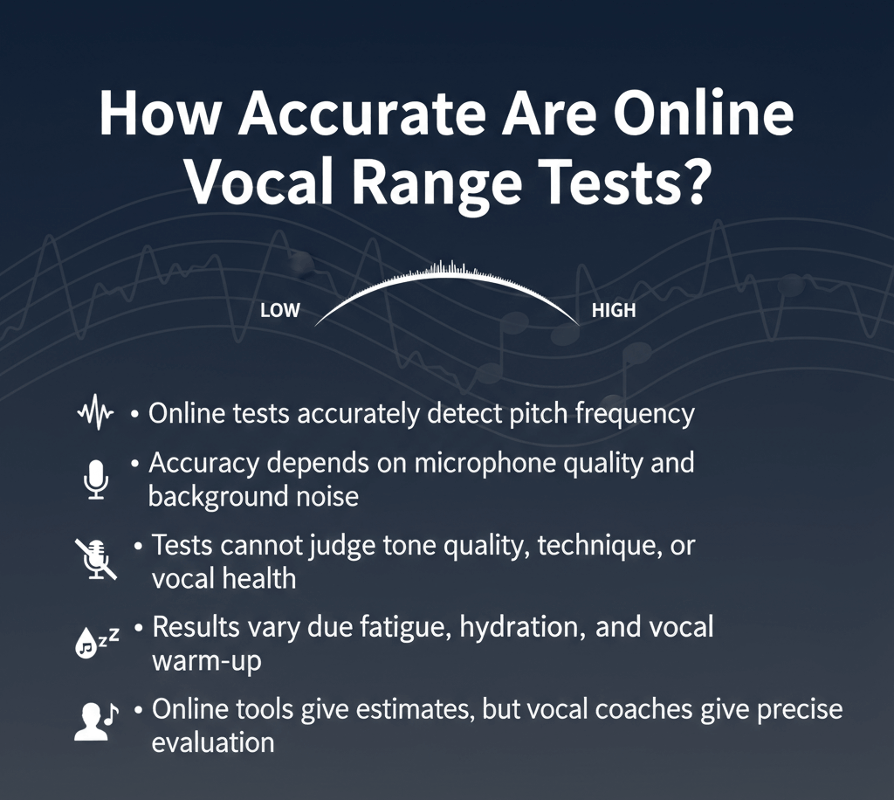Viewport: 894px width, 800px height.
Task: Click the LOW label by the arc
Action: tap(280, 311)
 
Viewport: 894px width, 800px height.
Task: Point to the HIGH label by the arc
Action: tap(614, 311)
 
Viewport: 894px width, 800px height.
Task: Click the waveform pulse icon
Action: tap(95, 413)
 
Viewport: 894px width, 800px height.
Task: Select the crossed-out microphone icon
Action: tap(94, 559)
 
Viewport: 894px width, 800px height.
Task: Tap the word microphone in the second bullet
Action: tap(464, 462)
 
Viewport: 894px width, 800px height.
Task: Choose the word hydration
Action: tap(515, 627)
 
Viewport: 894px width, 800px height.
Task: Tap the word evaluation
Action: tap(213, 742)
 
